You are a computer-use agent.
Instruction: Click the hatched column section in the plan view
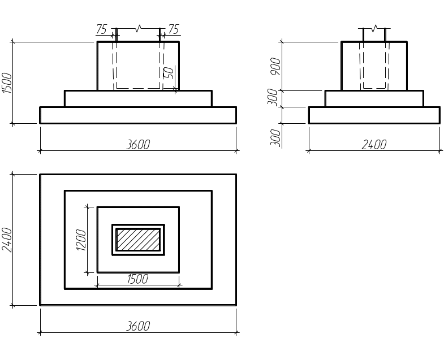138,240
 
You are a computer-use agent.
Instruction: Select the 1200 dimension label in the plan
81,240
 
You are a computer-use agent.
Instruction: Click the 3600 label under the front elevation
139,145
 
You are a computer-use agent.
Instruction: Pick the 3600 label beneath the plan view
139,326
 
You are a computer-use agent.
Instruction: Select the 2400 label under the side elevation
374,145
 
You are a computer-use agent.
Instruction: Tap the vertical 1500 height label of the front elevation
7,83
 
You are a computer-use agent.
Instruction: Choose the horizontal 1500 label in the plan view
137,279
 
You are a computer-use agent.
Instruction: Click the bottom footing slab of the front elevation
138,115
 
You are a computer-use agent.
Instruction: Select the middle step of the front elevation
138,98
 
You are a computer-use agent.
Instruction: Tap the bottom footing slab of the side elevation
374,115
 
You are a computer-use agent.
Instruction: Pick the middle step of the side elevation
374,98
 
